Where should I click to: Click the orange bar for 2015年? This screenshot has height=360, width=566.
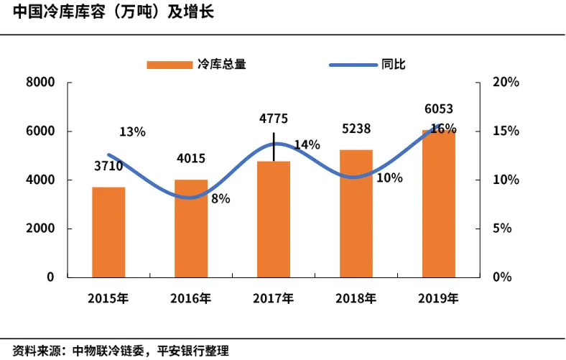108,231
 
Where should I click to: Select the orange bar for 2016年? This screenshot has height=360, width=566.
191,228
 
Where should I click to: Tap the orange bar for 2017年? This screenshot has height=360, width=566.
274,219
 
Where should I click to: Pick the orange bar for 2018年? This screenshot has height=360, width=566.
356,213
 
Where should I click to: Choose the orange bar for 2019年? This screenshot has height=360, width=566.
439,203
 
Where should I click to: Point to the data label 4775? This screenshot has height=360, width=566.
274,119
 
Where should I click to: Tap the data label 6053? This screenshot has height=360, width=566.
438,109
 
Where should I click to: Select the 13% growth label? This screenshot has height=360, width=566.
132,131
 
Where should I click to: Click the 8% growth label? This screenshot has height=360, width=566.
221,198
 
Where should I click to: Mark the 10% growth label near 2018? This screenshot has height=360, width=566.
389,178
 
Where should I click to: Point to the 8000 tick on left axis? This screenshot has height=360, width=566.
41,83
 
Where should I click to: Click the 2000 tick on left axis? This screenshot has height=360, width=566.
41,229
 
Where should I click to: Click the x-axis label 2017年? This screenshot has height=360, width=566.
274,298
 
